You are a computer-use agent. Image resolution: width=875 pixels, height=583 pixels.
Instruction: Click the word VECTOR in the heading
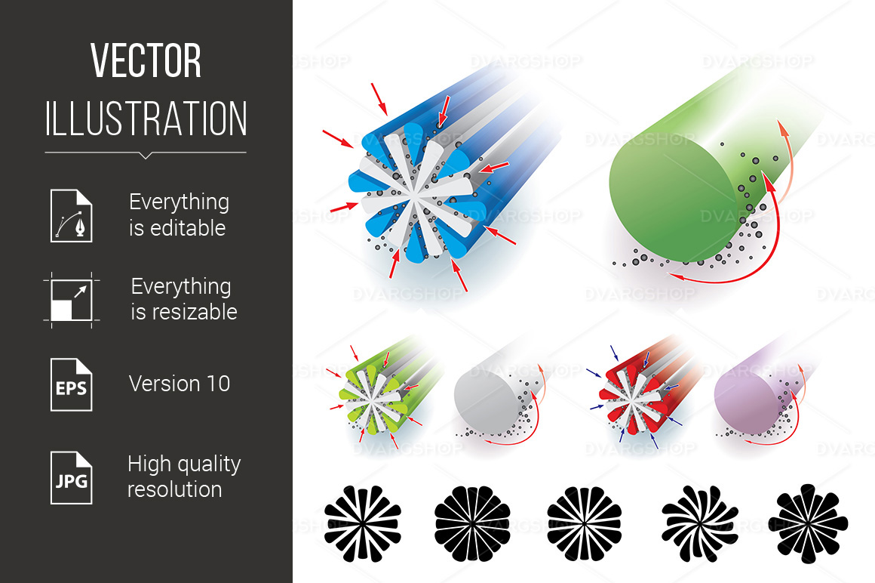(146, 60)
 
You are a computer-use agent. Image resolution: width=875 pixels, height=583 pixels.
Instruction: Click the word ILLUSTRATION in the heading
(146, 119)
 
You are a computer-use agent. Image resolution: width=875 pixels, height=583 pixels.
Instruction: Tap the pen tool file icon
(72, 215)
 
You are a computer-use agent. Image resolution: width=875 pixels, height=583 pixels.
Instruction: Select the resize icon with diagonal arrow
(72, 300)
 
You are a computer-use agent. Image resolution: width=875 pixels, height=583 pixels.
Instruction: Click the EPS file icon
(72, 384)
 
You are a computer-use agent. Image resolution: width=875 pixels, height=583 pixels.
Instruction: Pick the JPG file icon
(72, 478)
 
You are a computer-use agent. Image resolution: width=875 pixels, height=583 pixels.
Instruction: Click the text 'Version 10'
(179, 384)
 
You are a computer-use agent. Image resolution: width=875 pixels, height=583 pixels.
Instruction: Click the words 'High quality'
(184, 464)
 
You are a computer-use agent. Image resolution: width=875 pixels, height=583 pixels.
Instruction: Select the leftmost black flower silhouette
(363, 523)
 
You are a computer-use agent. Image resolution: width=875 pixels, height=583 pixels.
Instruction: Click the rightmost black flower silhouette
(808, 523)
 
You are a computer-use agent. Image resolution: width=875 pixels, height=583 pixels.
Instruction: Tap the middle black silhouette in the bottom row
(585, 523)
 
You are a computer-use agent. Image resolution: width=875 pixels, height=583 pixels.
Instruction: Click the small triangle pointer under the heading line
(146, 156)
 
